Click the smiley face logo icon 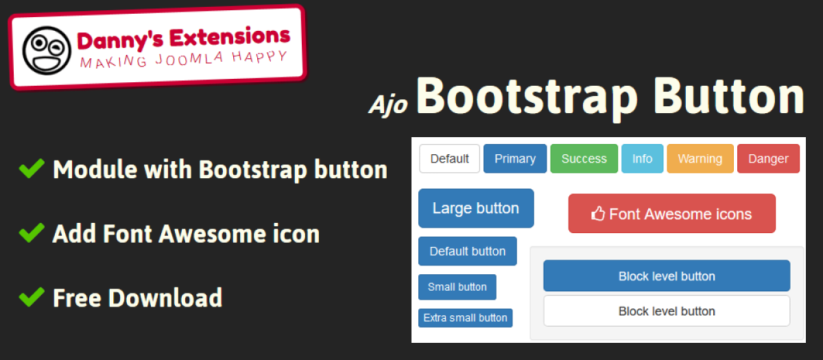coord(47,51)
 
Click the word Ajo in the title coord(388,106)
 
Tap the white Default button coord(449,158)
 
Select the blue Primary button coord(515,158)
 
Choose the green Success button coord(584,158)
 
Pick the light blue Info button coord(642,158)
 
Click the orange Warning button coord(700,158)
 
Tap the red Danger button coord(769,158)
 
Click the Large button coord(476,208)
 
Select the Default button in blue coord(468,251)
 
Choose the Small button coord(457,287)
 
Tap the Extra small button coord(466,317)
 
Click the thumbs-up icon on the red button coord(598,213)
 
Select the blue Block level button coord(667,276)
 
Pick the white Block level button coord(667,311)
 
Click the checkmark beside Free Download coord(32,297)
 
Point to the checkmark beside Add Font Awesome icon coord(32,233)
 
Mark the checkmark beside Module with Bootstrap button coord(32,169)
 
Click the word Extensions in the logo coord(230,37)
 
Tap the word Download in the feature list coord(165,298)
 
